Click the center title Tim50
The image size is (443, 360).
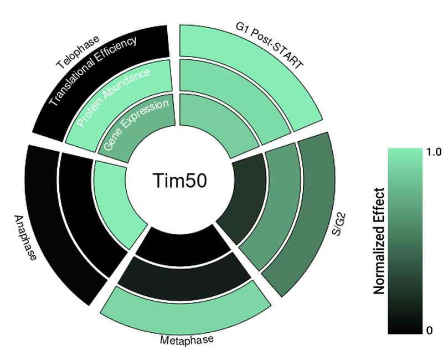pos(179,182)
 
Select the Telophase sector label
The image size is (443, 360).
pos(78,53)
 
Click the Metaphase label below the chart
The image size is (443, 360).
pos(187,340)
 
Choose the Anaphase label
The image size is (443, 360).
pos(25,238)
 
